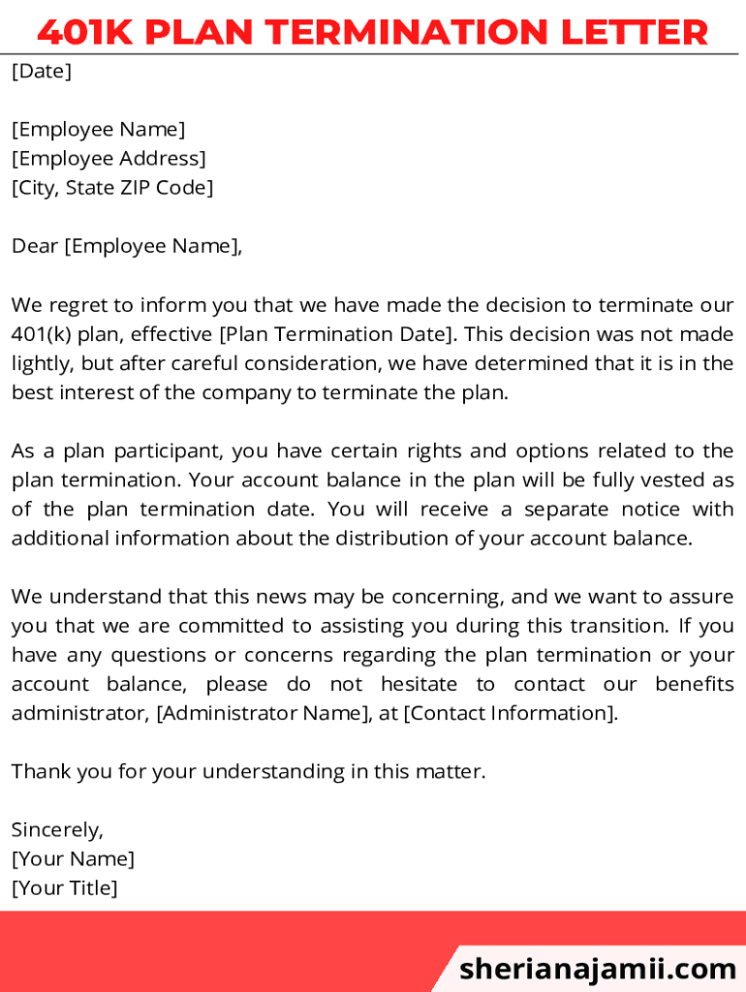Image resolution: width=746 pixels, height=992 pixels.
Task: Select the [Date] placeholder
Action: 42,71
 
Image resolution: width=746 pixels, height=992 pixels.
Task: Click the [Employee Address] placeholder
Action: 109,158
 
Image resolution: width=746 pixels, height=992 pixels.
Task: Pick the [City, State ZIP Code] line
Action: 112,187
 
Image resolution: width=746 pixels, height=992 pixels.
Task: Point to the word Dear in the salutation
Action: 35,246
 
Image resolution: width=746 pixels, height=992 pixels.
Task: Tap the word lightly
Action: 41,364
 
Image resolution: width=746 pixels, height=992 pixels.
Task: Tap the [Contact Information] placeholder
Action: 510,713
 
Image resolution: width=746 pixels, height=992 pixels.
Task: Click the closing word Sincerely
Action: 57,829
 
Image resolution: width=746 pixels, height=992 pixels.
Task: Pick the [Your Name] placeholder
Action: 73,858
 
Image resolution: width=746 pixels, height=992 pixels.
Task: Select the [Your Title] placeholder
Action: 64,887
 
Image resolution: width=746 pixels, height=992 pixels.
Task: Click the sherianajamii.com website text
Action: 598,969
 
